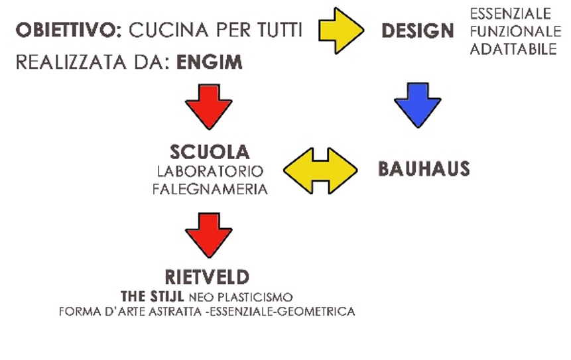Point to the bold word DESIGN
418,30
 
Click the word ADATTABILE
514,49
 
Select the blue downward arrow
417,105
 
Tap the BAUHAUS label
424,169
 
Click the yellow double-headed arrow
320,170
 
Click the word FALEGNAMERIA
210,189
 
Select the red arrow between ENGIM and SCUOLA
209,105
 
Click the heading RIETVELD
208,276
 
